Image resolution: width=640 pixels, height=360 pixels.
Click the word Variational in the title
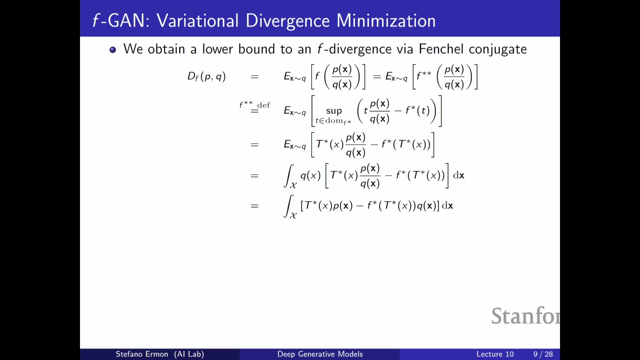pos(198,21)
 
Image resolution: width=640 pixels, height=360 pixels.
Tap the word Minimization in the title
pos(386,21)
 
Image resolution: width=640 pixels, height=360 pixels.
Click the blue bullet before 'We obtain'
pos(113,50)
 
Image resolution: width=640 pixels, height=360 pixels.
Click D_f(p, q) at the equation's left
pos(207,77)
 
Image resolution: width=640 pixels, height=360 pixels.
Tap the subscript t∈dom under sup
pos(333,121)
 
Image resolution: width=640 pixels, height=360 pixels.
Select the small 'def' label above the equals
pos(264,105)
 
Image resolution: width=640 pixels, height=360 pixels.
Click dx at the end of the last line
pos(447,206)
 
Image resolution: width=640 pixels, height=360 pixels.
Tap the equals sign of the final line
pos(255,206)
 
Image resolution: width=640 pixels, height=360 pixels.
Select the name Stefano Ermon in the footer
pos(142,354)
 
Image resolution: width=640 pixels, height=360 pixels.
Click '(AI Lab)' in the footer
pos(189,354)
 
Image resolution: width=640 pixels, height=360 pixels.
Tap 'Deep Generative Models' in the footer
pos(320,354)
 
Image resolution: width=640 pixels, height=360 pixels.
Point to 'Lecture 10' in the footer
pos(495,354)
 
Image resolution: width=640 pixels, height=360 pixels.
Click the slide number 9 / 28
pos(543,354)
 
